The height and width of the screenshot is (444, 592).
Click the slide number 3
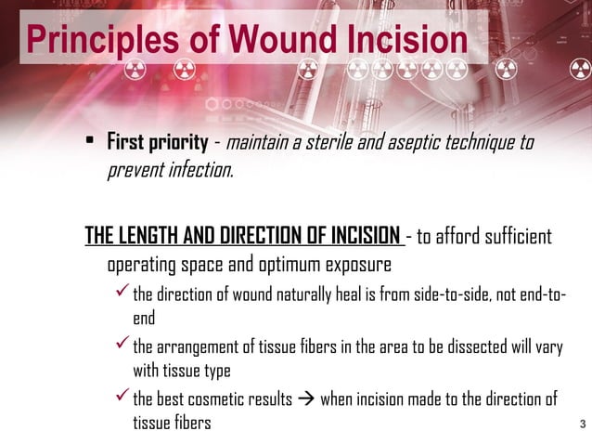[x=582, y=425]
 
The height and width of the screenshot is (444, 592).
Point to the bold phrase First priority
[x=157, y=143]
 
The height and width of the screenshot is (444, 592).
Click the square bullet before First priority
[x=91, y=143]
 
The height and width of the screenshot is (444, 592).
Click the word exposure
[x=357, y=265]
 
